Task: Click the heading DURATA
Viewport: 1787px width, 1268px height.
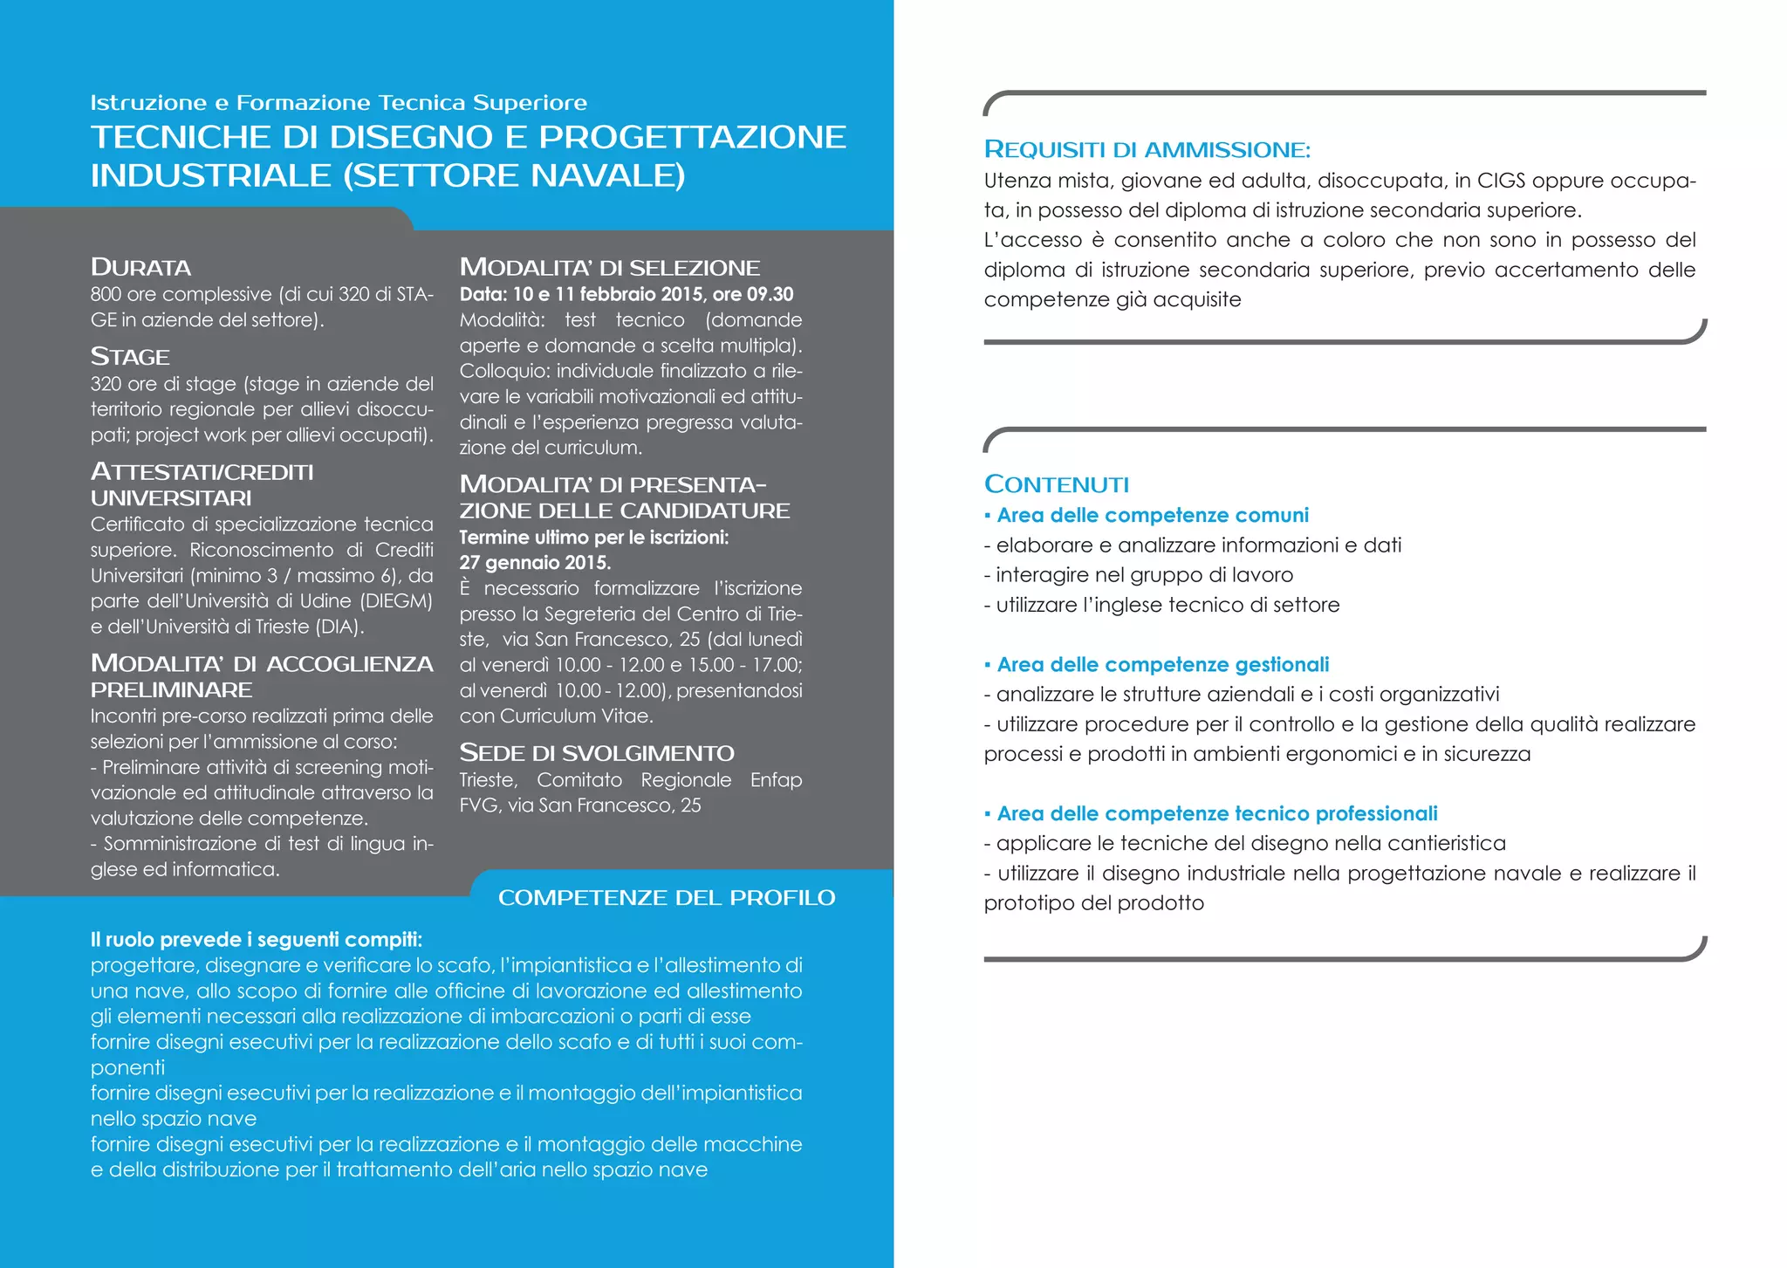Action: [x=140, y=267]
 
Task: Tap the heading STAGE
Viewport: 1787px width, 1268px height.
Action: [x=130, y=357]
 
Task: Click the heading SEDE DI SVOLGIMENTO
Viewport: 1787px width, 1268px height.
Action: [x=597, y=753]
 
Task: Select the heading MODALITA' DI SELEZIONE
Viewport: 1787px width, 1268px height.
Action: [x=609, y=267]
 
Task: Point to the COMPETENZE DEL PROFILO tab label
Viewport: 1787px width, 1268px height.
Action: [x=667, y=898]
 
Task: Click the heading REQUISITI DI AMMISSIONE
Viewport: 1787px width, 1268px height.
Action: [x=1147, y=149]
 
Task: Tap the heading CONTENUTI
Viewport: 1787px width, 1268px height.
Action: [x=1056, y=484]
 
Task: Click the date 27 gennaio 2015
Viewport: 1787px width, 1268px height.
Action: [x=535, y=563]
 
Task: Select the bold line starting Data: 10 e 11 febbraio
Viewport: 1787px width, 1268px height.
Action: [x=626, y=294]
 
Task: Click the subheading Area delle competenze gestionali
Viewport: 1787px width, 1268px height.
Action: [x=1162, y=665]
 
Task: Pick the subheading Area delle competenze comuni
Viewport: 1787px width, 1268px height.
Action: [x=1152, y=516]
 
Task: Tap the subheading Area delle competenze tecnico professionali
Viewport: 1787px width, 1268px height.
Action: [x=1216, y=814]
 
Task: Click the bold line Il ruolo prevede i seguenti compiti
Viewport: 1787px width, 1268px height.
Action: [x=256, y=940]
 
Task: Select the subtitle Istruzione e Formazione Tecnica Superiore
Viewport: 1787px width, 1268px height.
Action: [x=339, y=103]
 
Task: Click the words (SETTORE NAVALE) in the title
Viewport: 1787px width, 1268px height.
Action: [x=514, y=176]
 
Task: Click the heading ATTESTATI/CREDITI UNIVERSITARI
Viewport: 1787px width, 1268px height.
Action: [x=202, y=485]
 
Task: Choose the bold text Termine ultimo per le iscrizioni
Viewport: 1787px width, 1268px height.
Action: [x=593, y=538]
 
